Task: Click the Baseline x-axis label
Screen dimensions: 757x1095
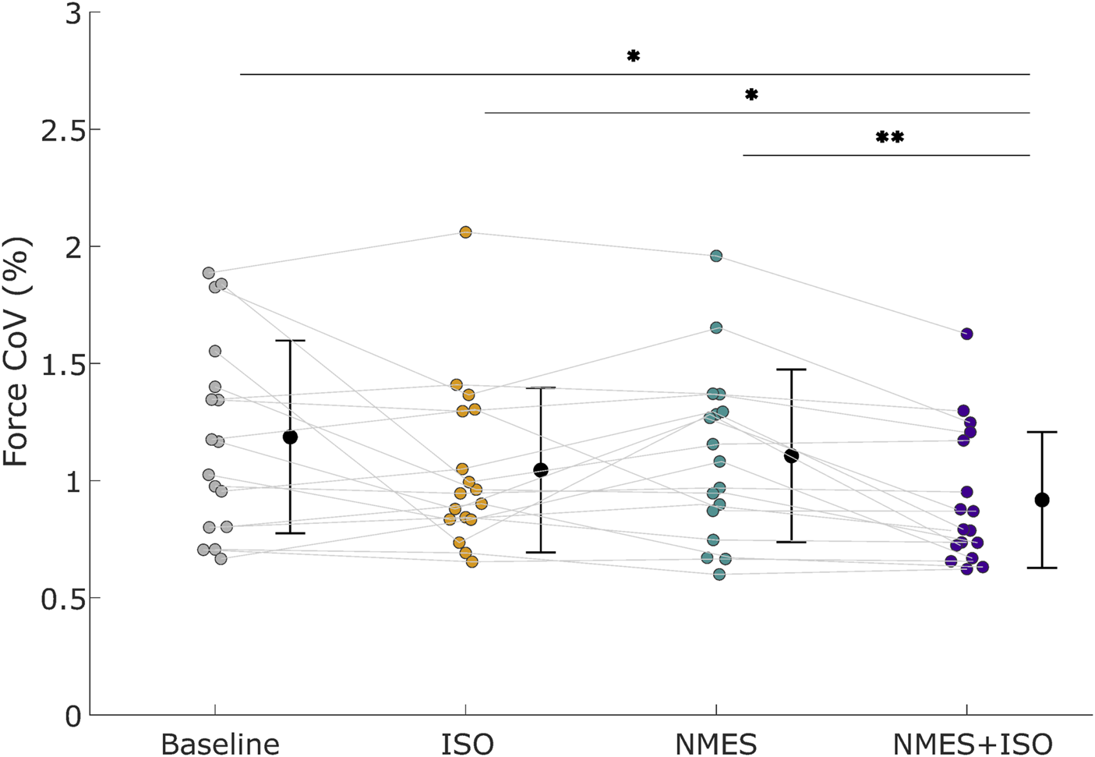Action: [x=220, y=743]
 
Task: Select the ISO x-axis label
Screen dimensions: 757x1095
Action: [x=467, y=743]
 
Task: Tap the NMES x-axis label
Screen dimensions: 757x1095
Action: [x=715, y=743]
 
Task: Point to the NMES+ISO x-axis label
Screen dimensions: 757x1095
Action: [x=972, y=743]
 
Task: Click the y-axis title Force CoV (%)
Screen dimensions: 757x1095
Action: [x=16, y=352]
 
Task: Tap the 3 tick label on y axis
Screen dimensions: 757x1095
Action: [x=73, y=13]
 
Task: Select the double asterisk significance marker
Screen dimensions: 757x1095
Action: [x=889, y=138]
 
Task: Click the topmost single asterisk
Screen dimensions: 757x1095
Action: [x=633, y=56]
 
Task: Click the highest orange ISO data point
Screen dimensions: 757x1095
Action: [x=465, y=232]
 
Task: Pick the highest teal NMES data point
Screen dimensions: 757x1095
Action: [x=716, y=256]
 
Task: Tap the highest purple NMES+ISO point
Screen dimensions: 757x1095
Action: [x=966, y=334]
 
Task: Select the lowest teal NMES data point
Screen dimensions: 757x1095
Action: [x=719, y=575]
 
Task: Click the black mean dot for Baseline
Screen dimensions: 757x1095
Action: [x=290, y=437]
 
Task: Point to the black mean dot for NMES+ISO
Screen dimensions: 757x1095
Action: [x=1042, y=500]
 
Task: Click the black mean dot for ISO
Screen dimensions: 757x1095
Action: [x=540, y=470]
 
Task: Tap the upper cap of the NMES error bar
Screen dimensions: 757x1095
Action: [x=791, y=370]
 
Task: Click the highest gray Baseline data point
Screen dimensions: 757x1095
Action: [x=208, y=273]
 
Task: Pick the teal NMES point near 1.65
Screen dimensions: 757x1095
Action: [x=716, y=328]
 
